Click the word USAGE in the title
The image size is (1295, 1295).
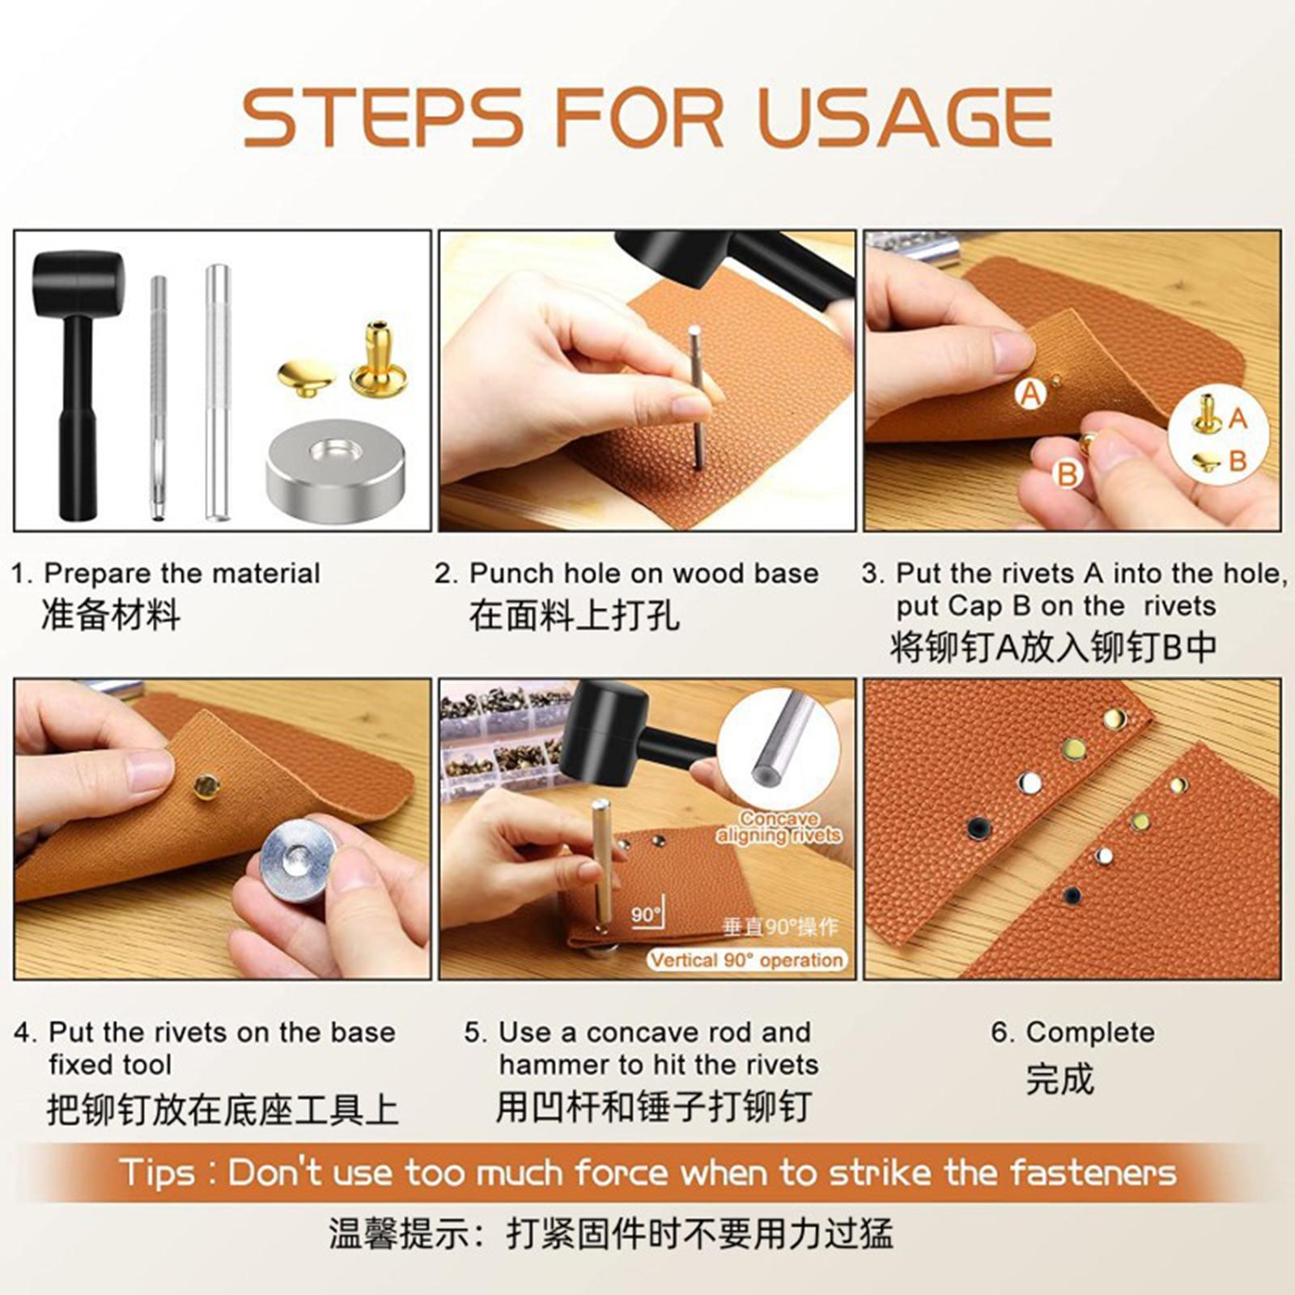(905, 117)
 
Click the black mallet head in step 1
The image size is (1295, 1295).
(79, 284)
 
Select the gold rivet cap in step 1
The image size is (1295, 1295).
(306, 379)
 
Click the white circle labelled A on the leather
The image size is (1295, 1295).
(1030, 394)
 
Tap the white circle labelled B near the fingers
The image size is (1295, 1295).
(1068, 473)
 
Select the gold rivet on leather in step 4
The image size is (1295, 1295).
(206, 784)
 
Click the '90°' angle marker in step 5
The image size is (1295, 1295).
(646, 915)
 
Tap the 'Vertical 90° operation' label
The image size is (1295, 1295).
(746, 961)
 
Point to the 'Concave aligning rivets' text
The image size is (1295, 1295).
(779, 827)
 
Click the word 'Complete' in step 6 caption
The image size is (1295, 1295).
(1090, 1033)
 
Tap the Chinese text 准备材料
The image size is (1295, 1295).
(111, 614)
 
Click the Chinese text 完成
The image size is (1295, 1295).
(1059, 1079)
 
